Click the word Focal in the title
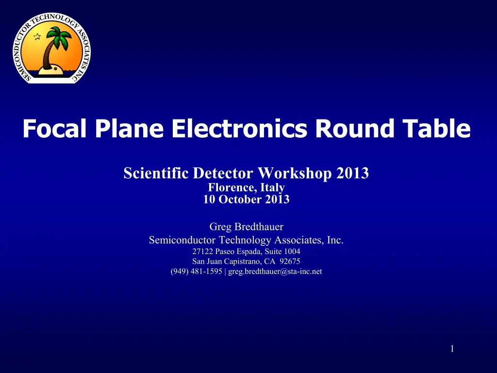pyautogui.click(x=54, y=128)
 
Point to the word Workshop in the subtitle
pyautogui.click(x=295, y=173)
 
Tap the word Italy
pyautogui.click(x=273, y=188)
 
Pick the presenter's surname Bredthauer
pyautogui.click(x=259, y=227)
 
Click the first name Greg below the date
pyautogui.click(x=220, y=227)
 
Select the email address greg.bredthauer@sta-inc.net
pyautogui.click(x=275, y=271)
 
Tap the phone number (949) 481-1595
pyautogui.click(x=196, y=271)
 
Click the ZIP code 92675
pyautogui.click(x=290, y=261)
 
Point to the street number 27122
pyautogui.click(x=202, y=252)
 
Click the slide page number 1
pyautogui.click(x=452, y=349)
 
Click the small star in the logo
pyautogui.click(x=37, y=36)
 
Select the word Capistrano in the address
pyautogui.click(x=243, y=262)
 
